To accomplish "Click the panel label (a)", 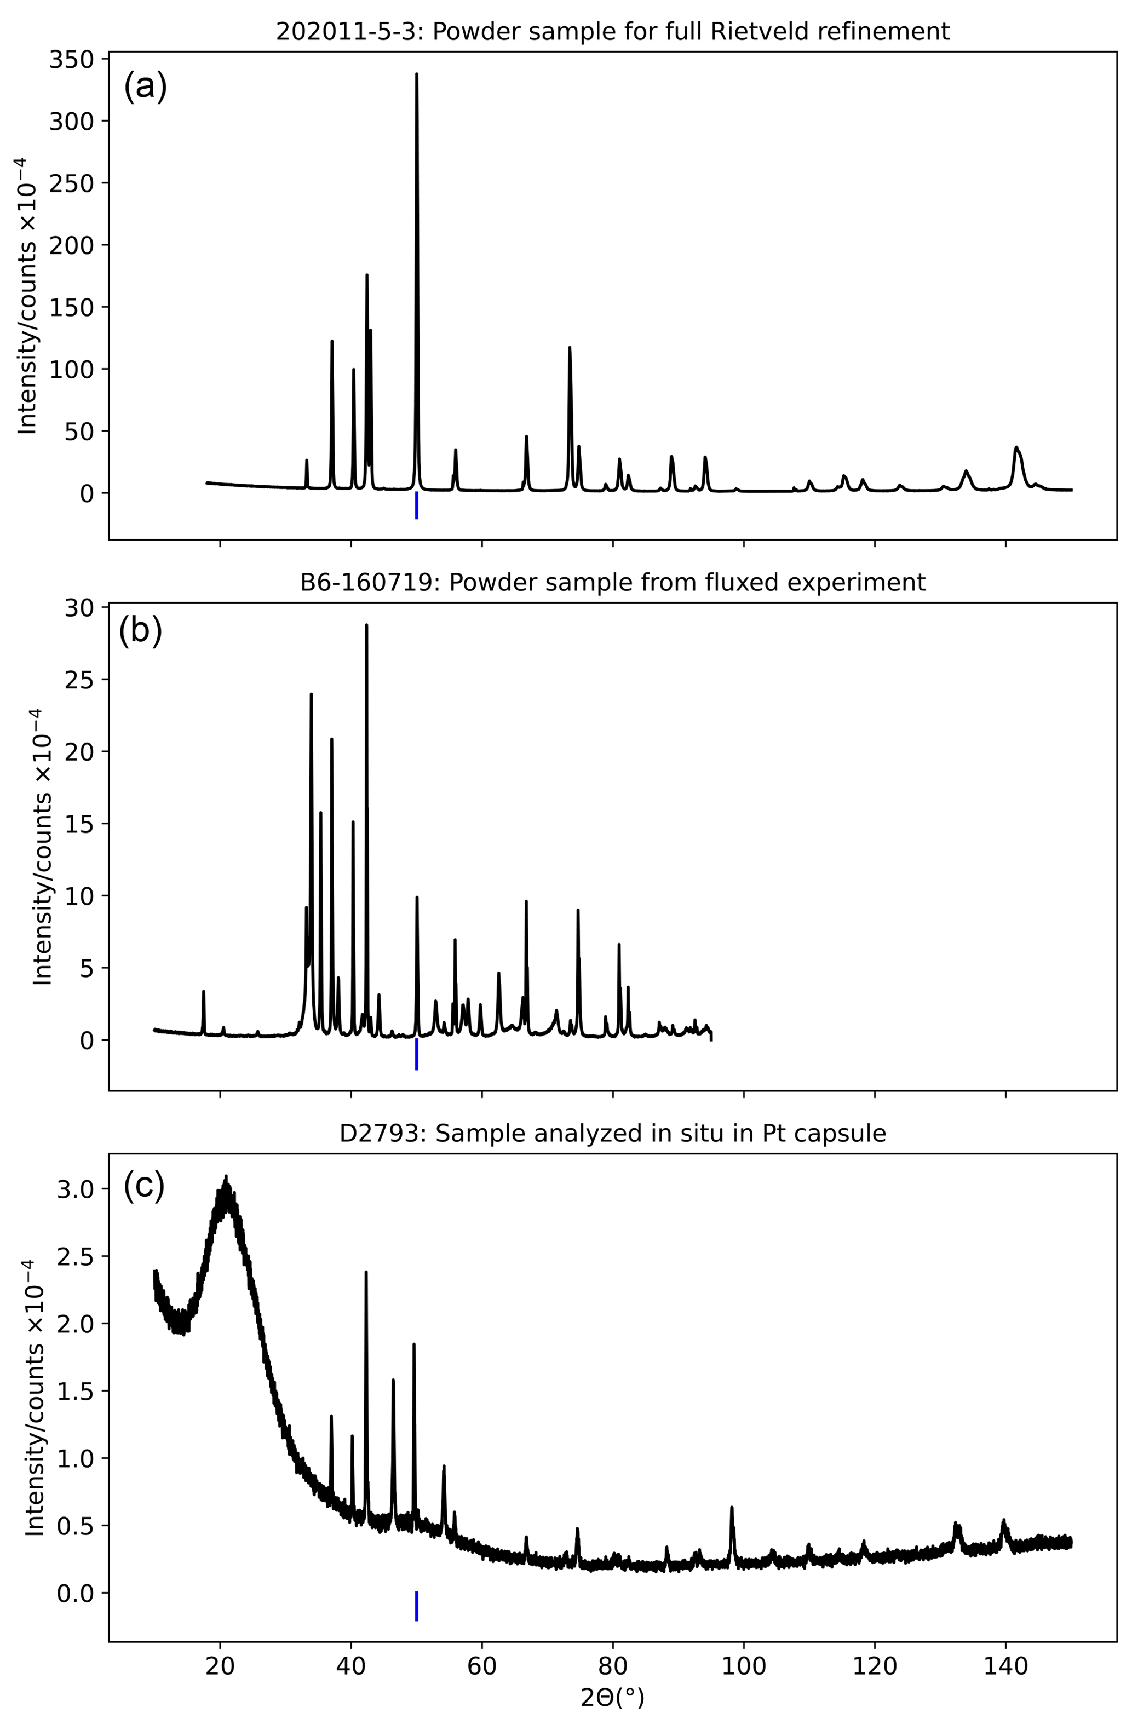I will tap(146, 87).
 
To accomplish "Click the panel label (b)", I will tap(140, 631).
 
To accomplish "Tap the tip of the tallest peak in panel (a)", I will tap(417, 74).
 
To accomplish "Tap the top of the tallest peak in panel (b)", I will tap(366, 625).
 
